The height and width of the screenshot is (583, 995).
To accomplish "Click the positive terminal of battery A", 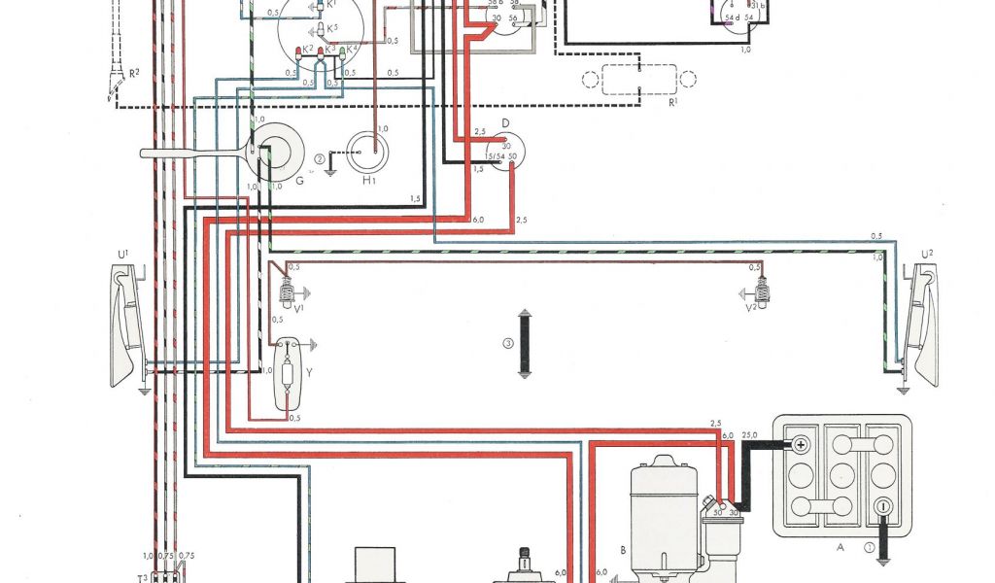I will pyautogui.click(x=800, y=444).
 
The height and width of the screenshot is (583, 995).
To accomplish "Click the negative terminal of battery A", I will pyautogui.click(x=883, y=506).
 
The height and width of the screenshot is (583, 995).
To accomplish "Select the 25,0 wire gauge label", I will pyautogui.click(x=749, y=434).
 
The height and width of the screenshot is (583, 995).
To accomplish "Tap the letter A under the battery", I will pyautogui.click(x=840, y=546).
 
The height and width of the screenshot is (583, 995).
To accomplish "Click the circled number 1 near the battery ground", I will pyautogui.click(x=868, y=546).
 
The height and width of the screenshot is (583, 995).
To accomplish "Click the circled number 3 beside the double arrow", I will pyautogui.click(x=507, y=343).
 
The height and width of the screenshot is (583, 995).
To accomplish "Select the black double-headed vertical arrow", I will pyautogui.click(x=524, y=343).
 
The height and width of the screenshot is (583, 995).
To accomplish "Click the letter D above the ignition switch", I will pyautogui.click(x=505, y=122).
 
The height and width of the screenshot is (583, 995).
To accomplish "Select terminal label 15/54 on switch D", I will pyautogui.click(x=495, y=156).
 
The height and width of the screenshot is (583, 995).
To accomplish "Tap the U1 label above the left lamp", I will pyautogui.click(x=122, y=255).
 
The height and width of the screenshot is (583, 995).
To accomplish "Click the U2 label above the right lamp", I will pyautogui.click(x=926, y=255).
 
